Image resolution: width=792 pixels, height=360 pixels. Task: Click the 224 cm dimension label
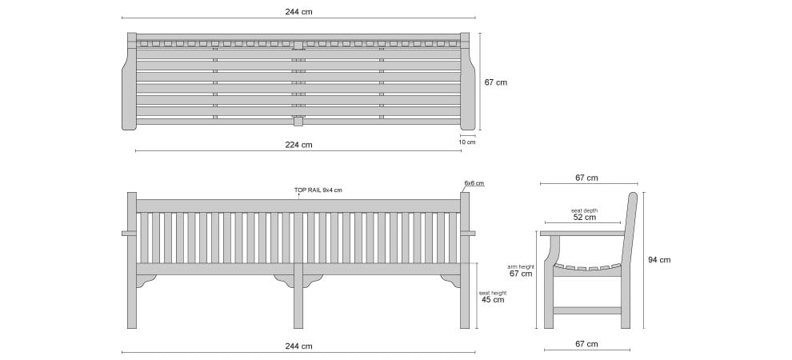pyautogui.click(x=298, y=145)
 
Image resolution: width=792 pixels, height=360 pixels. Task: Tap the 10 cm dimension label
pyautogui.click(x=467, y=142)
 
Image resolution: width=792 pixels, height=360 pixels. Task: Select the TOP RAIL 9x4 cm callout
pyautogui.click(x=318, y=190)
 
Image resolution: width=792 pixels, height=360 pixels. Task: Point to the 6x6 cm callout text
pyautogui.click(x=474, y=182)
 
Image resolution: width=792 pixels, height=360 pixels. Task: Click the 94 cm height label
pyautogui.click(x=659, y=260)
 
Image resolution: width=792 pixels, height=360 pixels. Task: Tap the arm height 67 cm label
pyautogui.click(x=521, y=270)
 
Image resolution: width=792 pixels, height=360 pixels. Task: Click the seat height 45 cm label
pyautogui.click(x=493, y=296)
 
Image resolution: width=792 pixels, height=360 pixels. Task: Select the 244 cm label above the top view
pyautogui.click(x=298, y=12)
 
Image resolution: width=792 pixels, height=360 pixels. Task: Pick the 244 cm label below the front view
pyautogui.click(x=298, y=346)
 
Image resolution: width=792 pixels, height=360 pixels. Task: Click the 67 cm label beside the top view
pyautogui.click(x=495, y=82)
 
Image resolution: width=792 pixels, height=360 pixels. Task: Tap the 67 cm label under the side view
pyautogui.click(x=586, y=344)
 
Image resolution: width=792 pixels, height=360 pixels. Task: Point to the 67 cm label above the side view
pyautogui.click(x=586, y=178)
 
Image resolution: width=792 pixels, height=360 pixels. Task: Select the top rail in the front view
pyautogui.click(x=298, y=206)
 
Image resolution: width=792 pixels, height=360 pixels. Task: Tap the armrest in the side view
pyautogui.click(x=582, y=234)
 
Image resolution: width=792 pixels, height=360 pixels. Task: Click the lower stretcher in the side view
pyautogui.click(x=587, y=310)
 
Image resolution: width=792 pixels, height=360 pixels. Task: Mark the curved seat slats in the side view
pyautogui.click(x=587, y=268)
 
